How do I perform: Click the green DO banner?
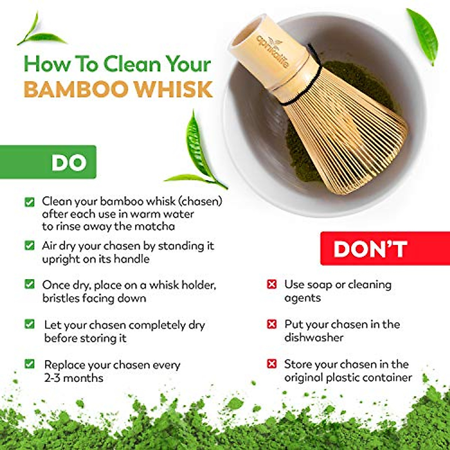click(49, 162)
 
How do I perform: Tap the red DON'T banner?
click(385, 249)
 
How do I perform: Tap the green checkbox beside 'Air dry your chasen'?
click(29, 246)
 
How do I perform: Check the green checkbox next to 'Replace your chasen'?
click(29, 364)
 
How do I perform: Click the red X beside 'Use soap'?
click(271, 284)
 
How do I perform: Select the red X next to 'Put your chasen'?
click(271, 324)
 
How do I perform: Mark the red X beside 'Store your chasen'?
click(271, 364)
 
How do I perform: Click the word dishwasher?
click(313, 337)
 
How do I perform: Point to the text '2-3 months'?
click(73, 378)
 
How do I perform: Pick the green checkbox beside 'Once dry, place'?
click(29, 284)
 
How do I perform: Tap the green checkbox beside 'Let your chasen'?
click(29, 324)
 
